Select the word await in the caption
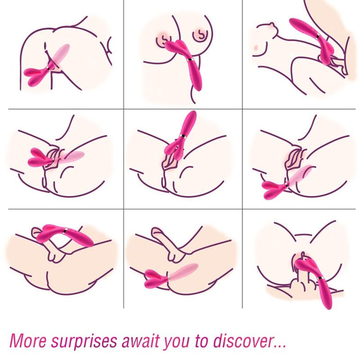click(x=140, y=340)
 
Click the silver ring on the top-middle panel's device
click(x=190, y=60)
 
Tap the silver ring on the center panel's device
click(x=183, y=136)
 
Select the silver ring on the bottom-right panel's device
click(x=320, y=278)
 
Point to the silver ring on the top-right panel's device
click(x=318, y=36)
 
